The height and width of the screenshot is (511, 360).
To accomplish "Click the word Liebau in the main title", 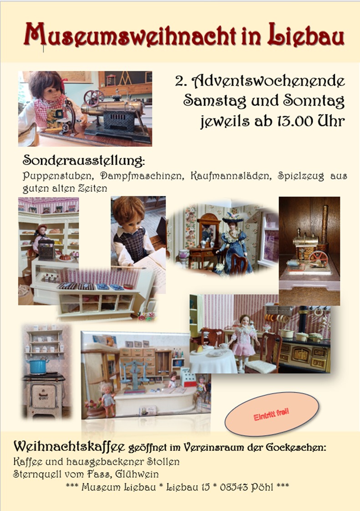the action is pyautogui.click(x=305, y=35).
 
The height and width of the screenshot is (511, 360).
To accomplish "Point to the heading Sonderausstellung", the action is pyautogui.click(x=84, y=160).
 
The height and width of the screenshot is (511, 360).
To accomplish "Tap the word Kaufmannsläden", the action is pyautogui.click(x=231, y=176).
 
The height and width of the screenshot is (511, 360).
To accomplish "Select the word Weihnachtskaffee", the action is pyautogui.click(x=69, y=446).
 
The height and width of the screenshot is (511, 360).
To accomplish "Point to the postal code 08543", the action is pyautogui.click(x=233, y=487).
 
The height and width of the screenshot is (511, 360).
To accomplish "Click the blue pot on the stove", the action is pyautogui.click(x=37, y=367).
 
